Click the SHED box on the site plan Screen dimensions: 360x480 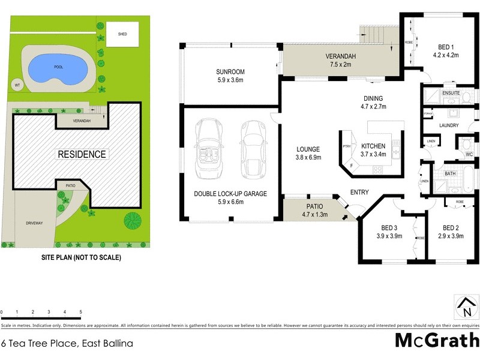point(122,35)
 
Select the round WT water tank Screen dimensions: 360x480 point(17,85)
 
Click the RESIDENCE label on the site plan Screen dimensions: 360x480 point(82,154)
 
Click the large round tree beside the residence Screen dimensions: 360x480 point(133,220)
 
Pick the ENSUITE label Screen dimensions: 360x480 point(451,94)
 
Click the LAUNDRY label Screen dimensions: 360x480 point(449,125)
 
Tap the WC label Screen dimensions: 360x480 point(469,154)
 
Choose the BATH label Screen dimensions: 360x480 point(450,174)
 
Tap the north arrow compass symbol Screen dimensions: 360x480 point(466,307)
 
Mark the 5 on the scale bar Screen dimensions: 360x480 point(80,313)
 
